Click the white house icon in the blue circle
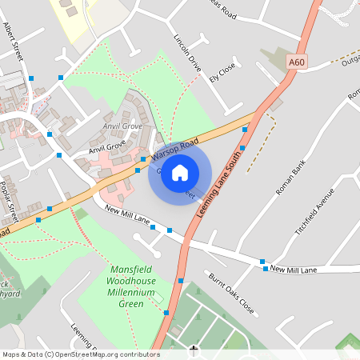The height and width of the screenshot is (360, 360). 180,171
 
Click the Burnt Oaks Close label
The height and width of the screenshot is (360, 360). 231,294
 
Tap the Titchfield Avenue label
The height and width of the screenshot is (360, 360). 313,212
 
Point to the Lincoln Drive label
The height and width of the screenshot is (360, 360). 186,53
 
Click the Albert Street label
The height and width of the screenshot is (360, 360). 14,39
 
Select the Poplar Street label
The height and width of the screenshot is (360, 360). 10,198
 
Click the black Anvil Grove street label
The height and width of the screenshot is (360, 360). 107,146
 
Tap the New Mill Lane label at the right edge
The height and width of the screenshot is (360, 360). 294,270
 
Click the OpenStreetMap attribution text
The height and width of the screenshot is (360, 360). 80,354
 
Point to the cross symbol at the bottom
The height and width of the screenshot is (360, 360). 194,350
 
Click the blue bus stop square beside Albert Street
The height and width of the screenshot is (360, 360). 31,78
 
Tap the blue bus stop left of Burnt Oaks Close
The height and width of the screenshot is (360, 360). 182,280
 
